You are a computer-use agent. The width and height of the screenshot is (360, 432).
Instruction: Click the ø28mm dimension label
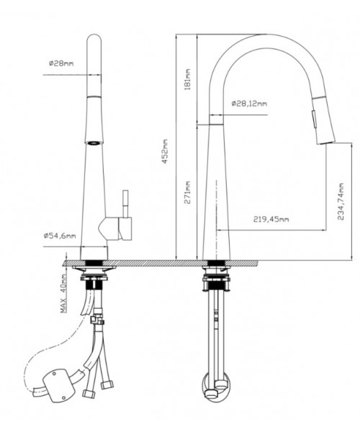(61, 63)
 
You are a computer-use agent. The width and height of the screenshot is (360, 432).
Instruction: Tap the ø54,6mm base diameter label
(60, 235)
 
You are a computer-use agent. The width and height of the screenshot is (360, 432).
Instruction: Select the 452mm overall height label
(165, 151)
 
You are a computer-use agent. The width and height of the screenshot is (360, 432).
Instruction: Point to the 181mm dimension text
(187, 79)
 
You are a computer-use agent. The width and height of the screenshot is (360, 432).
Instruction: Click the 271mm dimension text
(187, 192)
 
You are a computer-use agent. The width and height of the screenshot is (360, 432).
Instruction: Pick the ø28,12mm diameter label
(249, 104)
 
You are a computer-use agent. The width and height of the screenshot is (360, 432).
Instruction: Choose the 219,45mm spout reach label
(271, 220)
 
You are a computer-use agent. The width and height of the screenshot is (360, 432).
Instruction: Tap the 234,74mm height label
(341, 202)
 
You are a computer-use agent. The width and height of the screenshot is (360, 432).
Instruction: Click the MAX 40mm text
(64, 294)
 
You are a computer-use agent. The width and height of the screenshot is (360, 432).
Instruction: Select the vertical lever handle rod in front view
(125, 203)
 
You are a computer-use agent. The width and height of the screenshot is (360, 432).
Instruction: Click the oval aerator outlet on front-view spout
(94, 143)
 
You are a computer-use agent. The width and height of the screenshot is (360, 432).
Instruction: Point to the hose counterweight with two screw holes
(58, 386)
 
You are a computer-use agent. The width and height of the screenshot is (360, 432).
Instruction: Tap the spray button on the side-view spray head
(314, 118)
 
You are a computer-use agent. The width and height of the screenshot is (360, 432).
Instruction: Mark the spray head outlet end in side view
(326, 143)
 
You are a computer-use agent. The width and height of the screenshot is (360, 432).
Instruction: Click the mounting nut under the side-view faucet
(216, 279)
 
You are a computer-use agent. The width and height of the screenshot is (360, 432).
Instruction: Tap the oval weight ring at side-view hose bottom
(216, 386)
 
